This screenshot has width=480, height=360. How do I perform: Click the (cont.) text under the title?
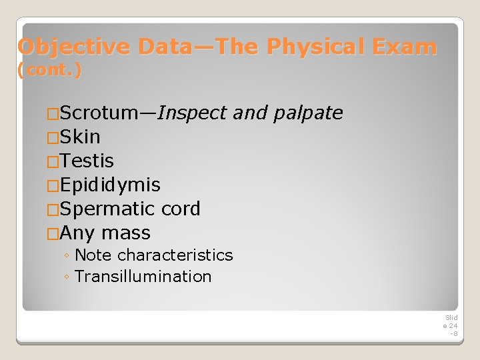51,70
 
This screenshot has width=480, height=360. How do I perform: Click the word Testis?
87,161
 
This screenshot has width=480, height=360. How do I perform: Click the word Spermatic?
108,209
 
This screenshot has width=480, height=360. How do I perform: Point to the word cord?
181,209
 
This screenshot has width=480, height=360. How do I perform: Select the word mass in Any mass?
126,233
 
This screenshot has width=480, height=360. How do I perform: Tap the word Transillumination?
143,277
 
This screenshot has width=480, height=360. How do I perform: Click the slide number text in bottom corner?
451,325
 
